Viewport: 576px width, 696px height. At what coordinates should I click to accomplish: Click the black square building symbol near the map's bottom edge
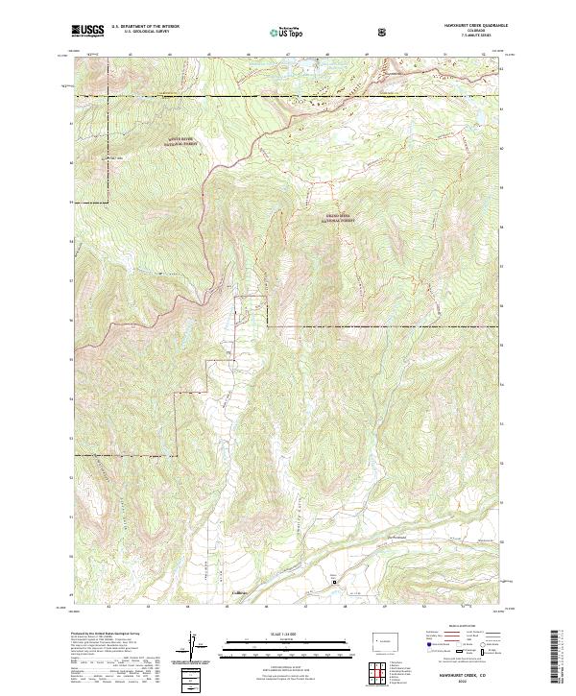[x=334, y=581]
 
